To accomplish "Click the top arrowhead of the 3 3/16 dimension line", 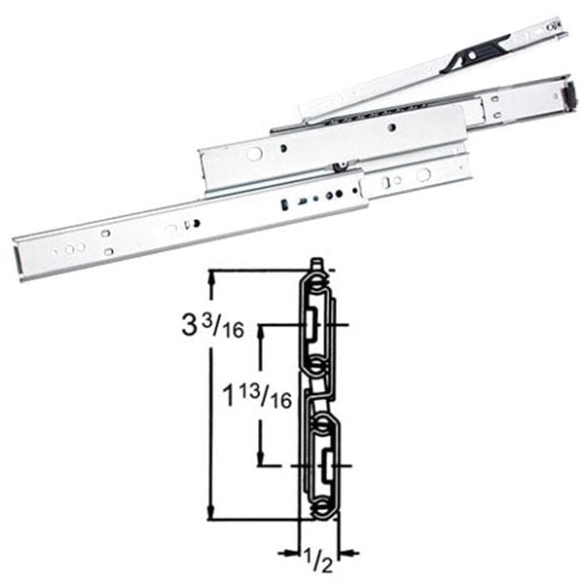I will point(211,275).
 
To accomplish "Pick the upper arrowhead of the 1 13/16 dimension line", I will point(261,331).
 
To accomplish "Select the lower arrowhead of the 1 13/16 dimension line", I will point(261,461).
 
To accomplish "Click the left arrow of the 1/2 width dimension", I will point(290,553).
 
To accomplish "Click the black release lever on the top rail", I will point(473,53).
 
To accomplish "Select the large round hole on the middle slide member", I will point(254,154).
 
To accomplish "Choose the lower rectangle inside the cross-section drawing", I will point(322,457).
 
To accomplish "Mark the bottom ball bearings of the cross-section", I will point(322,507).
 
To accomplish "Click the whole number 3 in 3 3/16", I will point(189,325).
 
